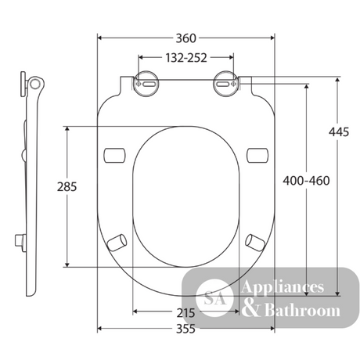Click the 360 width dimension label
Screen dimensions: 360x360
[185, 38]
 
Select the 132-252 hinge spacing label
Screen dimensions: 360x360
[186, 58]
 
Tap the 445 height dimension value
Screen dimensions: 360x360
[339, 132]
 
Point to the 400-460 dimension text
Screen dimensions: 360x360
[306, 181]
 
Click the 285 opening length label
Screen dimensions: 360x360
[67, 187]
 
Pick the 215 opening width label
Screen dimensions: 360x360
[185, 313]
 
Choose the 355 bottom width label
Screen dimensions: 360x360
[185, 329]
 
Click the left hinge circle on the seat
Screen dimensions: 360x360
[146, 84]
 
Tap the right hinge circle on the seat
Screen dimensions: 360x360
[226, 84]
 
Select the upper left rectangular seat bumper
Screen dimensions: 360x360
[114, 155]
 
